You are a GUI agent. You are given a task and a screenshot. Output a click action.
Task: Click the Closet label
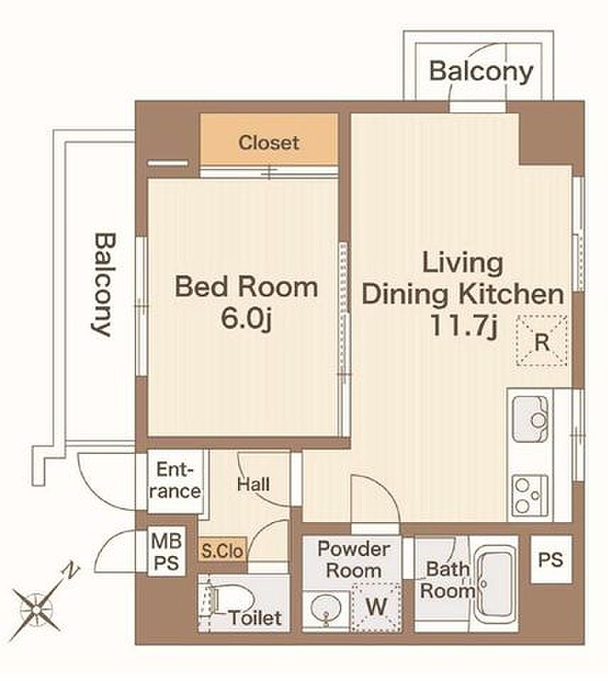269,143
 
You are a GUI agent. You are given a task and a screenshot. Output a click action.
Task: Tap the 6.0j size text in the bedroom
246,319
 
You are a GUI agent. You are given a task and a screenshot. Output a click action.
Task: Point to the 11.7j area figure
463,326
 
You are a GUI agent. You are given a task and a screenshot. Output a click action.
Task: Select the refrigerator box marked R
541,340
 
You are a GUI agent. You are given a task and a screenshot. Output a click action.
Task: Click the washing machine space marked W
376,607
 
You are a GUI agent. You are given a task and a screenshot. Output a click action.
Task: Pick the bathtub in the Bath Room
496,583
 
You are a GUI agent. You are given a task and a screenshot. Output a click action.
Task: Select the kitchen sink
530,419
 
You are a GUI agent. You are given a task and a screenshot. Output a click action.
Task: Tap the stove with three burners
530,496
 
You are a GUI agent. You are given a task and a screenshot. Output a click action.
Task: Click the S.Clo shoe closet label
223,550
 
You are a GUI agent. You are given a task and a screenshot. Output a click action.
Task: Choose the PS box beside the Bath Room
551,559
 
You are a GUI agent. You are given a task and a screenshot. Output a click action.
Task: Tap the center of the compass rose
36,610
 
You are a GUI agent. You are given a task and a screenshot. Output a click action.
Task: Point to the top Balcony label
481,71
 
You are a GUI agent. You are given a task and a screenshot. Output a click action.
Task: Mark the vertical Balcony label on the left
103,285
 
